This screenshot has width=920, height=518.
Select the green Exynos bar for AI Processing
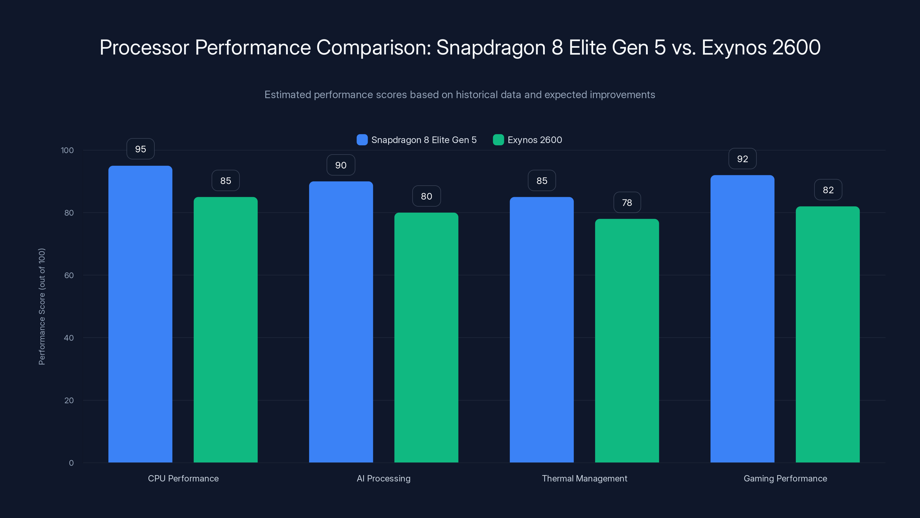click(x=426, y=338)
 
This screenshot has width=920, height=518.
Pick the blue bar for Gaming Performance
click(x=742, y=319)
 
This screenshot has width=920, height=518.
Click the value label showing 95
click(x=140, y=149)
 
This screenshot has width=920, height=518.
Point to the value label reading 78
click(x=627, y=203)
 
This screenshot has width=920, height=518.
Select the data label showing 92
click(x=742, y=159)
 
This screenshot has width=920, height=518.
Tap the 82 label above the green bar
click(x=828, y=190)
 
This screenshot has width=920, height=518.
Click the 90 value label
click(x=341, y=165)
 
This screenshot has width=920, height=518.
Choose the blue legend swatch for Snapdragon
click(x=362, y=140)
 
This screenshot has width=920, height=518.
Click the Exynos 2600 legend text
click(x=535, y=140)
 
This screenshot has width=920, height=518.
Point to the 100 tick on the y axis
click(x=67, y=150)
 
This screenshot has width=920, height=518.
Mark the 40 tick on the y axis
click(x=69, y=338)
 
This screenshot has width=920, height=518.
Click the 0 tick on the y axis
click(x=71, y=463)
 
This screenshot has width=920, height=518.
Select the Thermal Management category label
click(x=584, y=478)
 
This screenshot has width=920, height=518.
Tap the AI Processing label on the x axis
click(x=384, y=478)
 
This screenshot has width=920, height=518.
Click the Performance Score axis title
click(x=42, y=306)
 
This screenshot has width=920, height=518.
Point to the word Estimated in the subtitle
click(x=287, y=95)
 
